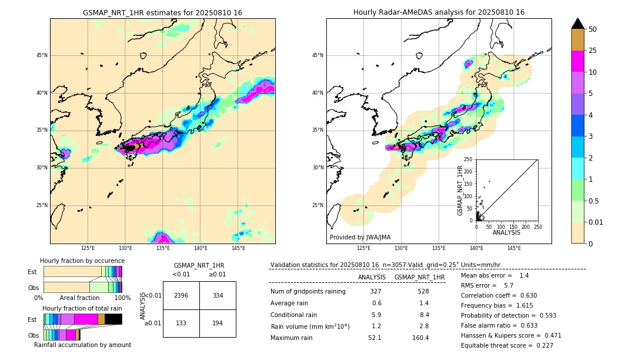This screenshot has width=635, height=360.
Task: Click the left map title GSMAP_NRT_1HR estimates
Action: [162, 12]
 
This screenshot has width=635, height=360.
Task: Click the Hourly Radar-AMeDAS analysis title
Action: [439, 12]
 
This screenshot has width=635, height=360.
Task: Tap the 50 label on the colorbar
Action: [593, 29]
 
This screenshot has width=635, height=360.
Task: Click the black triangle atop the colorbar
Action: [578, 24]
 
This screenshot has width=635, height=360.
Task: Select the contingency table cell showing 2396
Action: [181, 295]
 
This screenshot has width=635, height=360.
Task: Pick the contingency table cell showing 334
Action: [218, 295]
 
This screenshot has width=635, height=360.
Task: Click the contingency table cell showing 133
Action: [181, 324]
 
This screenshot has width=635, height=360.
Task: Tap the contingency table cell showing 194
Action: [218, 324]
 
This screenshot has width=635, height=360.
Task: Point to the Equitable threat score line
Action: [507, 345]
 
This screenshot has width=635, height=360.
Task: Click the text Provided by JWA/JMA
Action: [360, 238]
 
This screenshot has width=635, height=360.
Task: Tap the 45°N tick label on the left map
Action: [42, 55]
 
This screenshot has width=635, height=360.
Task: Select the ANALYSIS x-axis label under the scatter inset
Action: [506, 232]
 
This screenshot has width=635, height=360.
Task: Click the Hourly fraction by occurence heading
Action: [82, 261]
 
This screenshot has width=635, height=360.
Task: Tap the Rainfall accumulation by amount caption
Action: [82, 345]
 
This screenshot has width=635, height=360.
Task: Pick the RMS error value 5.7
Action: [509, 285]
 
